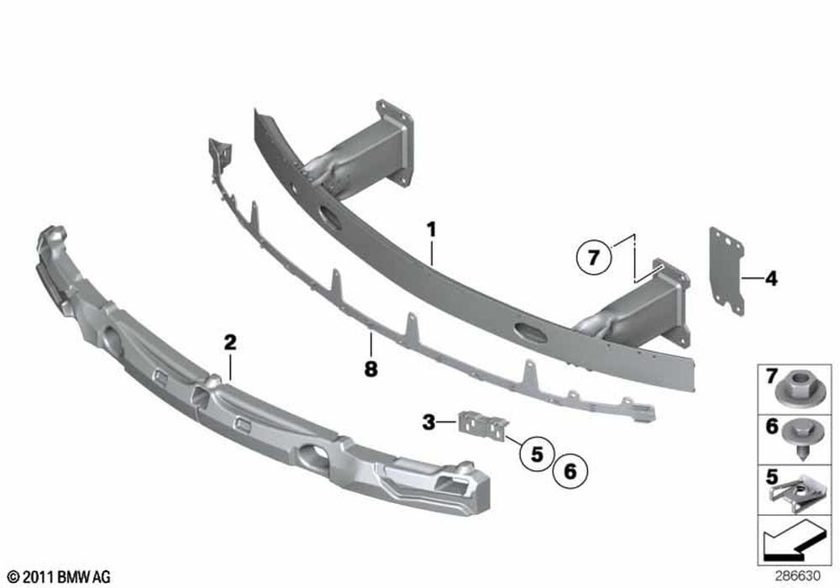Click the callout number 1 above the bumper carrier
click(x=431, y=230)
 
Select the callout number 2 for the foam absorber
click(x=230, y=342)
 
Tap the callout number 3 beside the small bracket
click(x=428, y=423)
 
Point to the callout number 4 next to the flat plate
click(x=771, y=279)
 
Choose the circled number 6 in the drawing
click(x=570, y=471)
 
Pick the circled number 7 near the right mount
click(x=594, y=258)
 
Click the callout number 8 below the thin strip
click(x=370, y=369)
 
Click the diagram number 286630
click(x=798, y=576)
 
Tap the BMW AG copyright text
click(x=60, y=577)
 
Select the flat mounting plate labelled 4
click(x=728, y=271)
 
